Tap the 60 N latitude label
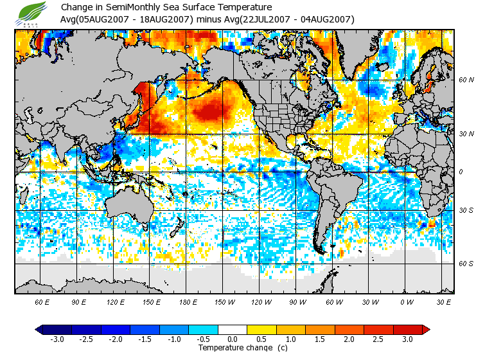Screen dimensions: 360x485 466,80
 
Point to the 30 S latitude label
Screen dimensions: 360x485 466,211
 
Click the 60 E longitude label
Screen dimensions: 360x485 42,301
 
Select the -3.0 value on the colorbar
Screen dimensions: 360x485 57,339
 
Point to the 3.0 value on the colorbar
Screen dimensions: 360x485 407,339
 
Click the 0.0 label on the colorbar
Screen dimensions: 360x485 233,339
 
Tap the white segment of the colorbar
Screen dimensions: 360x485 233,329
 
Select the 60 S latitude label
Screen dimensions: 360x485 466,264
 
